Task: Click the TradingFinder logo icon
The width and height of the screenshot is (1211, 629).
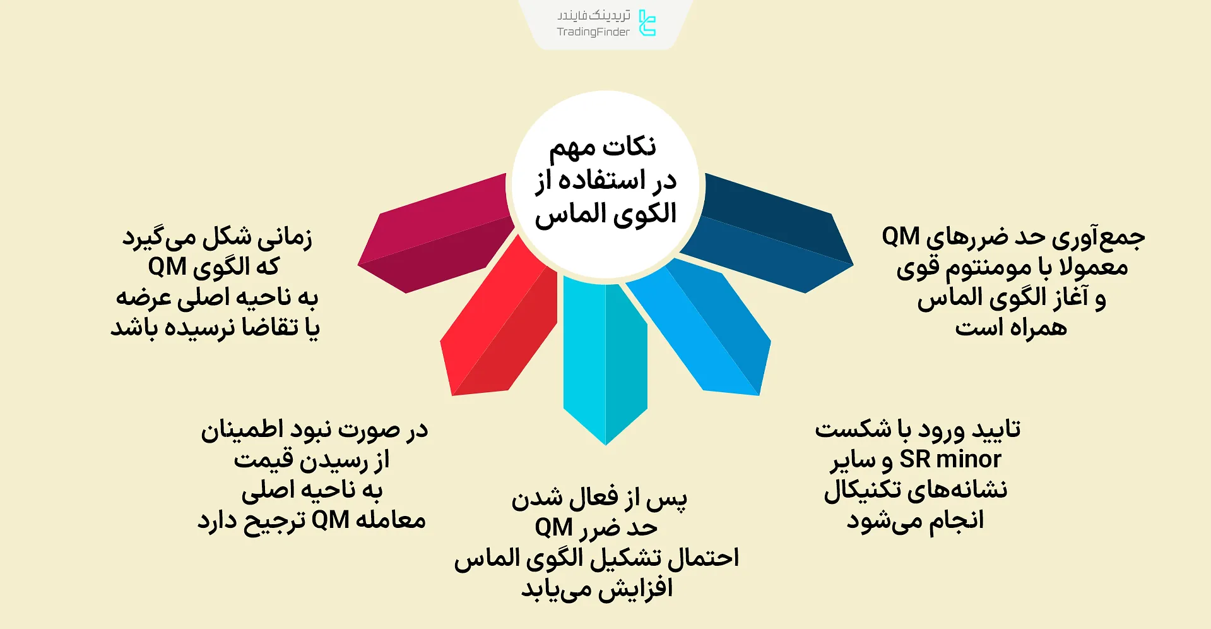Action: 647,23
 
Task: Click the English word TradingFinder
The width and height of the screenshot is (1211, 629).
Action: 593,32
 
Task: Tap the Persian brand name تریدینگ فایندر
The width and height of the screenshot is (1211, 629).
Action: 593,15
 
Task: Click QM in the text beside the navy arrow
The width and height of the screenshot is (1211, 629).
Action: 901,237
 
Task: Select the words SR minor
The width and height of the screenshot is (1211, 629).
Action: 950,460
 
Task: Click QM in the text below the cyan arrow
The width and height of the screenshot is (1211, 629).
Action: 554,527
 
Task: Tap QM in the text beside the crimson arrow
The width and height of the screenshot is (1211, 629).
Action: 167,267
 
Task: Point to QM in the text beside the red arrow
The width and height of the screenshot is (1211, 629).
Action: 330,520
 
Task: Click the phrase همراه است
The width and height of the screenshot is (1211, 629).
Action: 1010,328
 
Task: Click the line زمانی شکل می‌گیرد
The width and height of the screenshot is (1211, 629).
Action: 217,237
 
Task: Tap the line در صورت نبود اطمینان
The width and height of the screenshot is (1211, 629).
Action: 314,430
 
